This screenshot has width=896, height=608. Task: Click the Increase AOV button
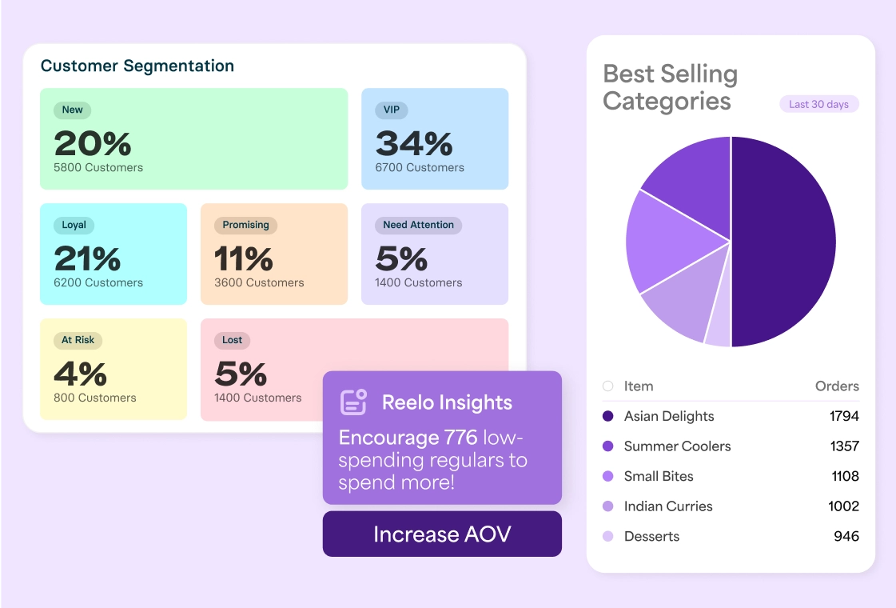(442, 534)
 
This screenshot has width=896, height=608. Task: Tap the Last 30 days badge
(818, 104)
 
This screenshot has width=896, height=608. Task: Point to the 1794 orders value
(844, 416)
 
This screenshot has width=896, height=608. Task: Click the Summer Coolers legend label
(677, 446)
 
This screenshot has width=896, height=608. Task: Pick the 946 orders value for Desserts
(846, 536)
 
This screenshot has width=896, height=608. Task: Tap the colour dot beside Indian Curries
(608, 506)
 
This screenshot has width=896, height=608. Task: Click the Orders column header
(837, 386)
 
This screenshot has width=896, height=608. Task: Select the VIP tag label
(392, 110)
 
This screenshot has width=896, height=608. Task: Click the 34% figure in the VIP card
(414, 143)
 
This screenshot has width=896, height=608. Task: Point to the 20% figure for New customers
(93, 143)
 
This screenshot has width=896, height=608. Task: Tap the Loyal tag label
(74, 225)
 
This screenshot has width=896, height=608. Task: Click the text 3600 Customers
(259, 282)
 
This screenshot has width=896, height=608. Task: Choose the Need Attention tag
(418, 225)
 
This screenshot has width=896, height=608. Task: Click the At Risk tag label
(78, 340)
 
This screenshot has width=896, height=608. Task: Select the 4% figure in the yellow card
(80, 374)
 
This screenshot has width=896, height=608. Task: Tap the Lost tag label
(232, 340)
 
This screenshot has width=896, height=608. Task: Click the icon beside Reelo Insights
(353, 402)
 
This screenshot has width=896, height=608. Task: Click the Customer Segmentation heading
(137, 66)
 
